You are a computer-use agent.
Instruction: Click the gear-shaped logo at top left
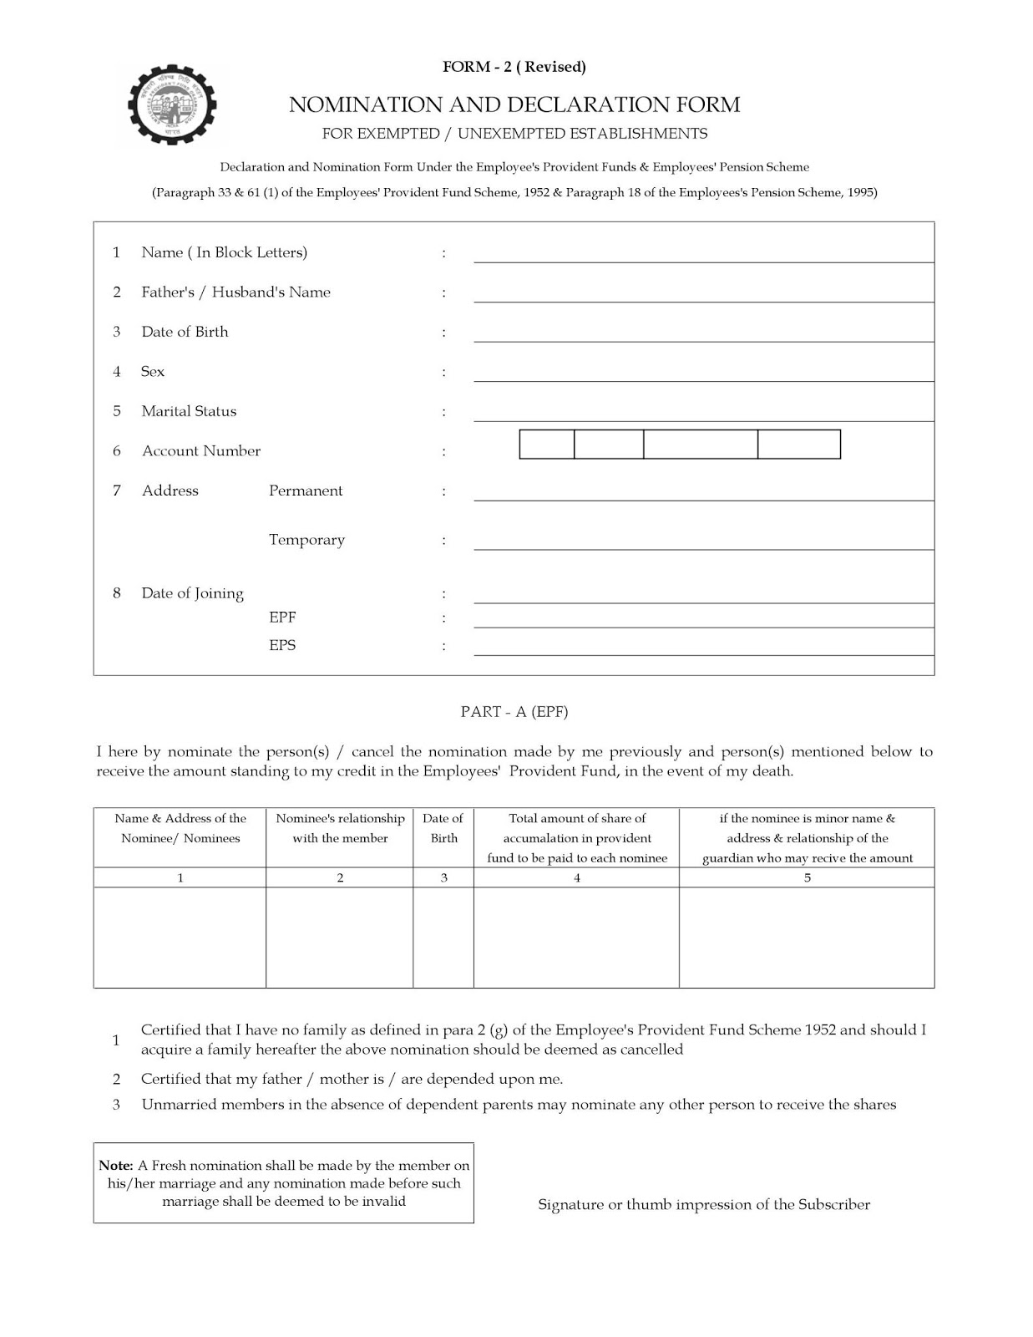pos(176,105)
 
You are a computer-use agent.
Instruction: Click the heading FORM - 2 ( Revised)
pos(514,67)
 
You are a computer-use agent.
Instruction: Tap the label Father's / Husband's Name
pos(235,292)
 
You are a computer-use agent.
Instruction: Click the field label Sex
pos(153,372)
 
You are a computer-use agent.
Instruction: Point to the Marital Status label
pos(189,411)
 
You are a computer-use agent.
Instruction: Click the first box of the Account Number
pos(547,445)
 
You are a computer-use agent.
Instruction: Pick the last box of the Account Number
pos(798,445)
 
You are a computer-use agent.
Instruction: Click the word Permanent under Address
pos(306,491)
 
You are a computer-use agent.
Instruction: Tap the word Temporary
pos(306,540)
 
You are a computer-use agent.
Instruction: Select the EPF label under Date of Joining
pos(282,618)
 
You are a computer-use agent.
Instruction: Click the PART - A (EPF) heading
pos(514,712)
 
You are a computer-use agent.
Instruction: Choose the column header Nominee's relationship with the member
pos(340,828)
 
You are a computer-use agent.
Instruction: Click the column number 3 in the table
pos(443,877)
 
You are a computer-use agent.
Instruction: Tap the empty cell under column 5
pos(807,937)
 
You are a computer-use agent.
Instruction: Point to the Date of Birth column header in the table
pos(443,828)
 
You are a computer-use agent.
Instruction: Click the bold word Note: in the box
pos(116,1165)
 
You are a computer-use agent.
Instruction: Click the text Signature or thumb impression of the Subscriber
pos(704,1205)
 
